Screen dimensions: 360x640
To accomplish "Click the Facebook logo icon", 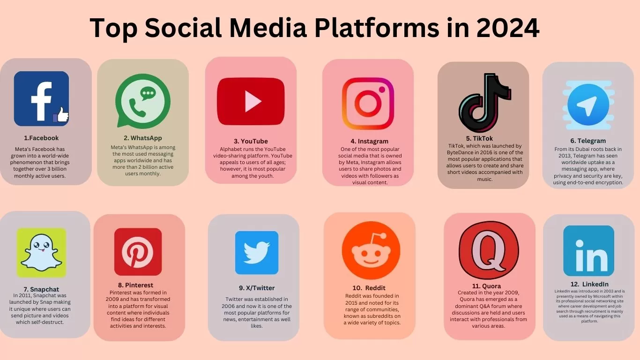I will click(41, 98).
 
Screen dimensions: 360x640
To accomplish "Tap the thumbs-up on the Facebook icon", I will click(61, 115).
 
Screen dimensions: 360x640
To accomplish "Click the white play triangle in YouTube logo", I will click(253, 101).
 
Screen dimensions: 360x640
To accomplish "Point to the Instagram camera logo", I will click(368, 103).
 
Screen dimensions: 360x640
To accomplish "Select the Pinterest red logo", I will click(138, 252).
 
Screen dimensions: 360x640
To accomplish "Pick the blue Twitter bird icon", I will click(256, 252).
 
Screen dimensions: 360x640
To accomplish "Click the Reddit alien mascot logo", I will click(371, 251).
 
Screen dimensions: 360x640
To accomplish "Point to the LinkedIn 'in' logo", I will click(588, 251).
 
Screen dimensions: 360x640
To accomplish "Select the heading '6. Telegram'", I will click(588, 141).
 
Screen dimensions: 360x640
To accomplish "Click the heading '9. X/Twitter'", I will click(256, 288).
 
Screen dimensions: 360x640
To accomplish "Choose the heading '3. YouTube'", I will click(251, 141).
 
